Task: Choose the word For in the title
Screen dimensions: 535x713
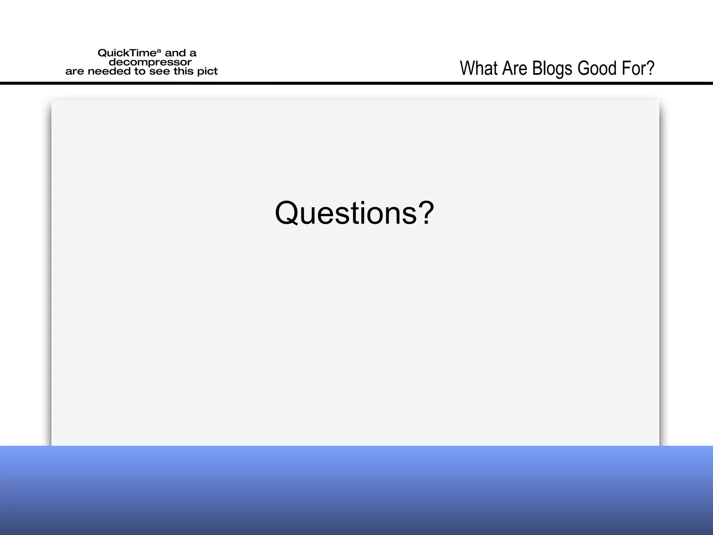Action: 635,68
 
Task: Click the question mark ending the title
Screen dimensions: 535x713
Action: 650,68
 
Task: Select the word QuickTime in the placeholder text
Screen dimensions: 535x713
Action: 127,53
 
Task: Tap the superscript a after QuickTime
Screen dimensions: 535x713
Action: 159,51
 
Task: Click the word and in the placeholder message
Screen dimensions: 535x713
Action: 175,53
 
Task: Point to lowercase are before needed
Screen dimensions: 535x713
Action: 75,72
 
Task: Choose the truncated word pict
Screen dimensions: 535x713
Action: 207,72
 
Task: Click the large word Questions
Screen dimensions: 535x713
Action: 346,213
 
